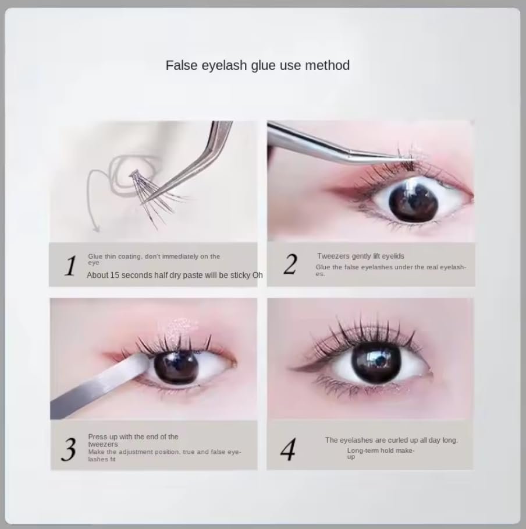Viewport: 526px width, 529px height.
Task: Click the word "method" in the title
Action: (x=327, y=65)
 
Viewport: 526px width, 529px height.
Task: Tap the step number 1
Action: (x=70, y=266)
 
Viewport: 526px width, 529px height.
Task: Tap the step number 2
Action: (x=290, y=264)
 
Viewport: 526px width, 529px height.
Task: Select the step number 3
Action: (x=69, y=449)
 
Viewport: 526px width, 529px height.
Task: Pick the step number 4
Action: (x=288, y=449)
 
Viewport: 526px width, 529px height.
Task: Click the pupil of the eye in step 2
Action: (x=414, y=201)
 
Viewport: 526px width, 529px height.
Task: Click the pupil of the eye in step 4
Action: (x=376, y=362)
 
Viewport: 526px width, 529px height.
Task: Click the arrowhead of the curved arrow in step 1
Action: (x=97, y=228)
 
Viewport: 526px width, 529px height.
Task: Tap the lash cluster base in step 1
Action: (x=134, y=174)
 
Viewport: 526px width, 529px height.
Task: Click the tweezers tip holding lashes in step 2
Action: (x=408, y=157)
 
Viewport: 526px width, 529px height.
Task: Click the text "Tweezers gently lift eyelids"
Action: (x=361, y=256)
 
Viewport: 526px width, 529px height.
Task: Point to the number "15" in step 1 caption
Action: (x=115, y=276)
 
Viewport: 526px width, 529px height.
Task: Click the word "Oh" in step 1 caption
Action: (x=257, y=276)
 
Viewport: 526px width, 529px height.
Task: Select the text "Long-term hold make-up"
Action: (x=381, y=453)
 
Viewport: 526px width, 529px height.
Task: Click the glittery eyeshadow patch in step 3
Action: (x=177, y=328)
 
